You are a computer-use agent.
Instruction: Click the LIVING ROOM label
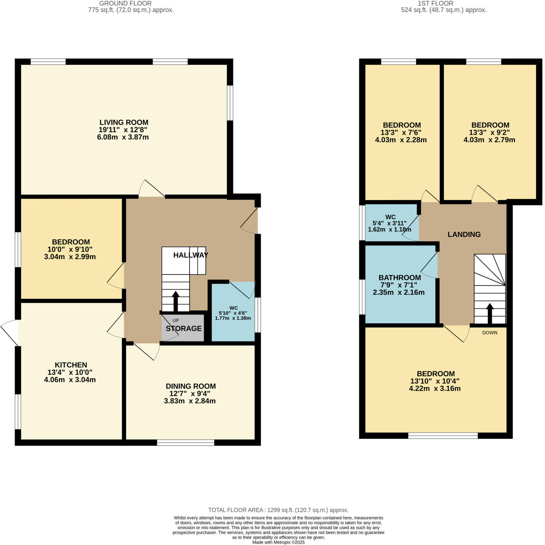tap(124, 122)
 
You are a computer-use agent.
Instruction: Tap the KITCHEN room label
tap(71, 365)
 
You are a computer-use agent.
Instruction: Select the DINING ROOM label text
tap(191, 386)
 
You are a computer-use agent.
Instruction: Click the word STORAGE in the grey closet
tap(184, 328)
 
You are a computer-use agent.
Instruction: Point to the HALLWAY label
tap(191, 255)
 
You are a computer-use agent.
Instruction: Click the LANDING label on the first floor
tap(464, 235)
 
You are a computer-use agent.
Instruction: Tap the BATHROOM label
tap(399, 277)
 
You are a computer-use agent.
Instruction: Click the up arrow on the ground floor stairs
tap(175, 301)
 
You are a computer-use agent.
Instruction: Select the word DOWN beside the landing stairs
tap(490, 332)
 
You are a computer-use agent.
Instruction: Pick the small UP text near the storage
tap(176, 320)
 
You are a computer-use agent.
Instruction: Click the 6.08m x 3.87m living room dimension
tap(123, 137)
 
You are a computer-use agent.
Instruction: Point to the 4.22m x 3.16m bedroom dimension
tap(435, 389)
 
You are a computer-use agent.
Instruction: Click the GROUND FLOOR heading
tap(125, 3)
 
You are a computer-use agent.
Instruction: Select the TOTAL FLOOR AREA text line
tap(278, 510)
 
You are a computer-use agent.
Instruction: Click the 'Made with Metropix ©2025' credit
tap(278, 542)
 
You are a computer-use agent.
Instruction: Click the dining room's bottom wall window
tap(186, 442)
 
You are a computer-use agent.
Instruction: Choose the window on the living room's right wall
tap(230, 103)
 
